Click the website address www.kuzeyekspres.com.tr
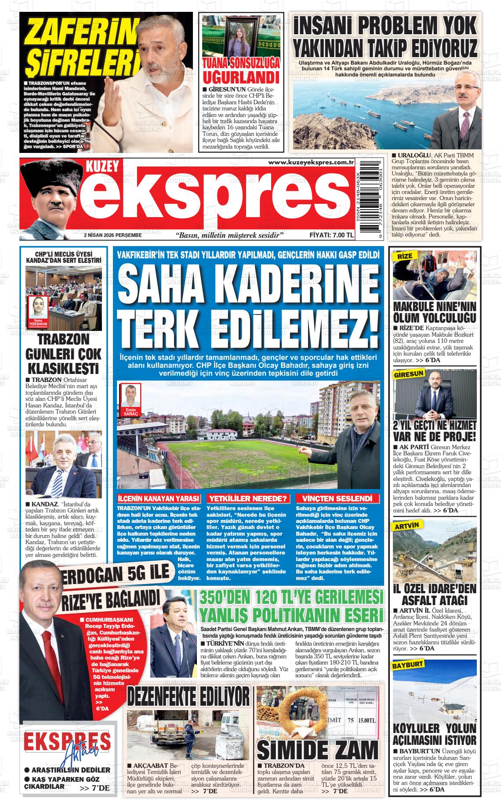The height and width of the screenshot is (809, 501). [311, 163]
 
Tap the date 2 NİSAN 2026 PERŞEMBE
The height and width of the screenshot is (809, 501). [113, 235]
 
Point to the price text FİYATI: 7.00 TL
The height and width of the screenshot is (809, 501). [331, 235]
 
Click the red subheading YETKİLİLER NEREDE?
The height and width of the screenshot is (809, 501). [248, 498]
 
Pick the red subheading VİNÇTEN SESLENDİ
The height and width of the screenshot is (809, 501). [337, 498]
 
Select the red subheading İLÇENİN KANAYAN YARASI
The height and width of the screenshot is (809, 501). [159, 498]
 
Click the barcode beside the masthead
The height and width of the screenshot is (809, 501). [369, 200]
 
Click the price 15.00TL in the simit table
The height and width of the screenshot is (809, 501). [366, 721]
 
